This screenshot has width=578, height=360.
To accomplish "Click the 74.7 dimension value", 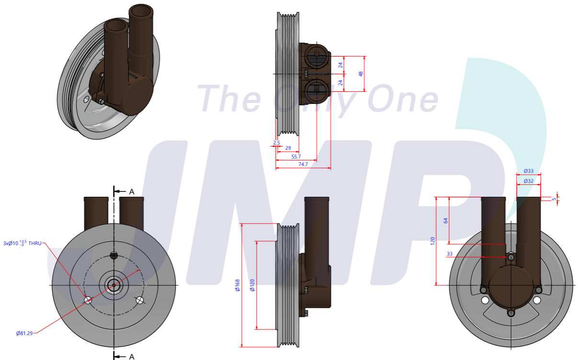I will [303, 164].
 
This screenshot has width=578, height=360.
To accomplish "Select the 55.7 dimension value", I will [296, 157].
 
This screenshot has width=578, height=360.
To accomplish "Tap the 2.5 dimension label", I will [277, 143].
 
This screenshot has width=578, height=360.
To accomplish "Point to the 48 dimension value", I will [361, 74].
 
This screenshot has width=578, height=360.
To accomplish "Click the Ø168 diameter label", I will [238, 285].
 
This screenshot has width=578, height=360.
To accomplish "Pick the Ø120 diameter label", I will [252, 285].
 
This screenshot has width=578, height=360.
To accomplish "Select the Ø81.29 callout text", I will [24, 333].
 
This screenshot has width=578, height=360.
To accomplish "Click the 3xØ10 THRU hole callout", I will [22, 243].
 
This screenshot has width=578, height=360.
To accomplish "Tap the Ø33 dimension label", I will [529, 171].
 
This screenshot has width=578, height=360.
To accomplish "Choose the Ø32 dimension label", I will [529, 181].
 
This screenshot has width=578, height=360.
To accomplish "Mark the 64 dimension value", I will [446, 221].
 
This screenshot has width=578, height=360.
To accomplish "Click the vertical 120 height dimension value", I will [433, 241].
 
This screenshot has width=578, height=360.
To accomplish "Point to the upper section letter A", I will [132, 191].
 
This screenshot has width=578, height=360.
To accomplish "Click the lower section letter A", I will [132, 356].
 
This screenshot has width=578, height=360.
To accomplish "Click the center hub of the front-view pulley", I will [113, 285].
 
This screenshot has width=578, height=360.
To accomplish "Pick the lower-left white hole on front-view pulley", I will [88, 300].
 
